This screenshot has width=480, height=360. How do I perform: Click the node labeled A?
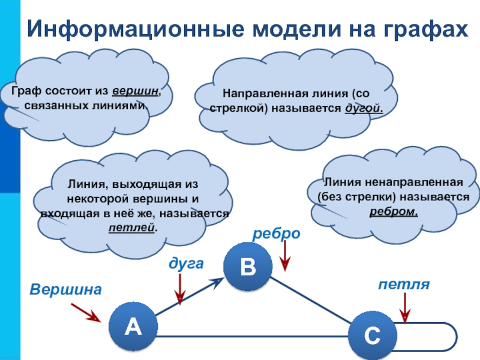coord(133,326)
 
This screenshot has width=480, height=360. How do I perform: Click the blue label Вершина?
coord(65,289)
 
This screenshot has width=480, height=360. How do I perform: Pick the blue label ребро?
coord(276,234)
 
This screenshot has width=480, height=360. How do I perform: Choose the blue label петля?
coord(404,283)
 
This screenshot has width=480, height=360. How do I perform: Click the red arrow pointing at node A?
coord(85,313)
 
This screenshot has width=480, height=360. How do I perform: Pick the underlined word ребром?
coord(394,211)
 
